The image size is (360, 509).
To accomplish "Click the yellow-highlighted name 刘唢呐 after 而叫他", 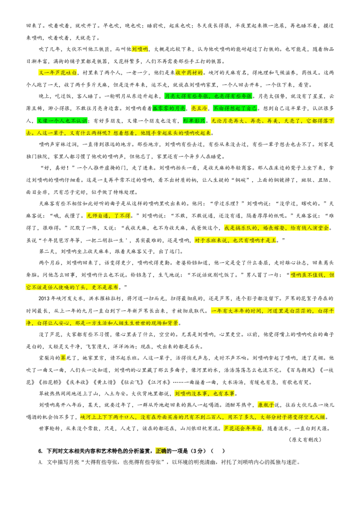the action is coord(140,49).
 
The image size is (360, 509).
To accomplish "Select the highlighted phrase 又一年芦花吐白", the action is coord(58,72).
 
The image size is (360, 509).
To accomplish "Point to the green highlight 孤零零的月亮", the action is coord(169,108).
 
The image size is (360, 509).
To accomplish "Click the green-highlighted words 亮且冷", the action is coord(199,108).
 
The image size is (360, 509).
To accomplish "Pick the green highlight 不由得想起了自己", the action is coord(235,108).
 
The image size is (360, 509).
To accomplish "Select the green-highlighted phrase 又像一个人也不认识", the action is coord(62,121).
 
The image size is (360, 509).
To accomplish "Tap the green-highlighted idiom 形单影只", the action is coord(194,121).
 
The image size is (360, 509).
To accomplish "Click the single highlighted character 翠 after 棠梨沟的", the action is coord(63,358).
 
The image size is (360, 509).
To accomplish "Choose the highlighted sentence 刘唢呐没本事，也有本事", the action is coord(204,393).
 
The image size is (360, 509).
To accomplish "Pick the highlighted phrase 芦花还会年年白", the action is coord(243,429).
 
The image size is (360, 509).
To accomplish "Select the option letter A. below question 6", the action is coord(40,462).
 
